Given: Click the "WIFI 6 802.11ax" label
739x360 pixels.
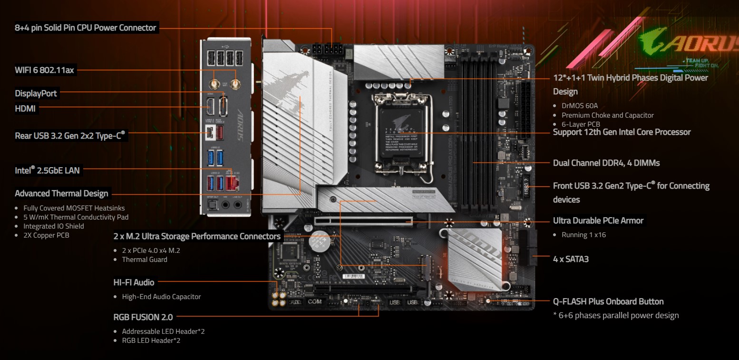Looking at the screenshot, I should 44,70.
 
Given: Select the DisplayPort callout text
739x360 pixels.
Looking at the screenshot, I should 36,93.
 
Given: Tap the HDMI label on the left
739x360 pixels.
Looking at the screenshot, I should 25,109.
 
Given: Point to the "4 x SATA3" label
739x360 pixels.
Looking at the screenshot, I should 571,259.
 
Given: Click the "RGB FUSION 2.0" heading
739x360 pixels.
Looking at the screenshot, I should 143,317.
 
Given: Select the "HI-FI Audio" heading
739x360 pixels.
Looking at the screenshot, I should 134,282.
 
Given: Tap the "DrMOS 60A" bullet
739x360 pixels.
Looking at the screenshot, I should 580,106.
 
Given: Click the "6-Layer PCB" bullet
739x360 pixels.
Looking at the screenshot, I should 581,124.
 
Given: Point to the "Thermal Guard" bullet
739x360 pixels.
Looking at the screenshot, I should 145,260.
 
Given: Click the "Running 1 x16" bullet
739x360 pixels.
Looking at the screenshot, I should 583,235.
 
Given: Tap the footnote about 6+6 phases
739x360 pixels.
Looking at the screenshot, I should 616,315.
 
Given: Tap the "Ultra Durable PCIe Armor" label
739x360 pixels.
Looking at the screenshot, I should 598,220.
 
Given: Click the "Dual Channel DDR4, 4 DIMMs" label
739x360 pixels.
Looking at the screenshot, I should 606,163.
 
